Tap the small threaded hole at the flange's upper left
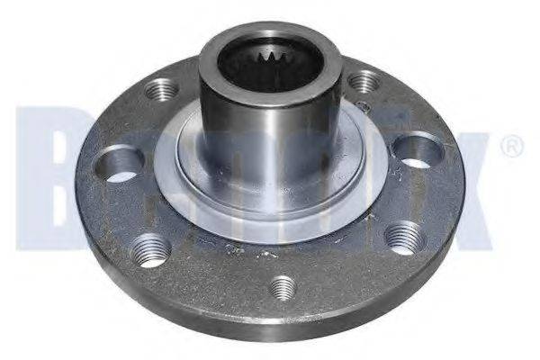coord(163,89)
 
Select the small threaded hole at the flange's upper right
coord(363,83)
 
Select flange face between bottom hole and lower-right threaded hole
coord(346,270)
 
